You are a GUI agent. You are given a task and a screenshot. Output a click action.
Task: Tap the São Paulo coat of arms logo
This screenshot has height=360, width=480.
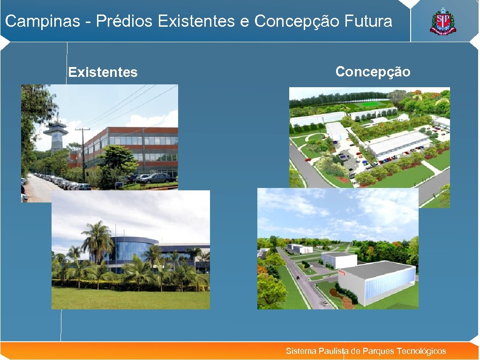pos(443,22)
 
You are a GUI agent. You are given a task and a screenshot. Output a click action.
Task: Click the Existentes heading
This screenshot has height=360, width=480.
pos(103,72)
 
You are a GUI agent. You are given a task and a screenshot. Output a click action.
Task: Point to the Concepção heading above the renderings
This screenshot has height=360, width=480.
pos(373,72)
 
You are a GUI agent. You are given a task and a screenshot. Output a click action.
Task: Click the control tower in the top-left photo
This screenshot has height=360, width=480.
pos(55,134)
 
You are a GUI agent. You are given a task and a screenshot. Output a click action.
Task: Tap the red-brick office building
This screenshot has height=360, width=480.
pos(141,150)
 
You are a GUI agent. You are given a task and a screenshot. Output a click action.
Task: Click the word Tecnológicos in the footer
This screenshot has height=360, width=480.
pos(421,351)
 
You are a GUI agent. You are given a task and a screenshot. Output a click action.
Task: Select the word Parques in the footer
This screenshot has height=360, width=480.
pos(378,351)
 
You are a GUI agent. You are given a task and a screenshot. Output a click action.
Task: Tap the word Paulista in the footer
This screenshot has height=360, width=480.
pos(333,351)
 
